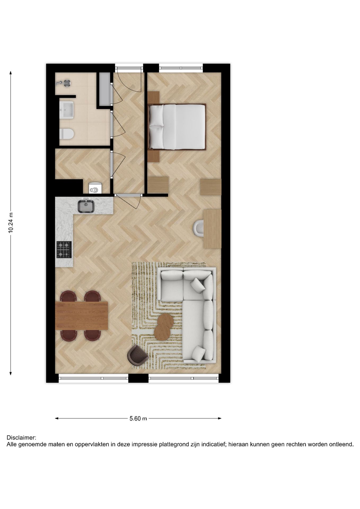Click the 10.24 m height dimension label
[11, 223]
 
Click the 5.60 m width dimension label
[138, 419]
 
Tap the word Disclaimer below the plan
[21, 437]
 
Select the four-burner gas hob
[64, 250]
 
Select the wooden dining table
[81, 316]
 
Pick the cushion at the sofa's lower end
[199, 353]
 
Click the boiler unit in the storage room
[95, 187]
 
